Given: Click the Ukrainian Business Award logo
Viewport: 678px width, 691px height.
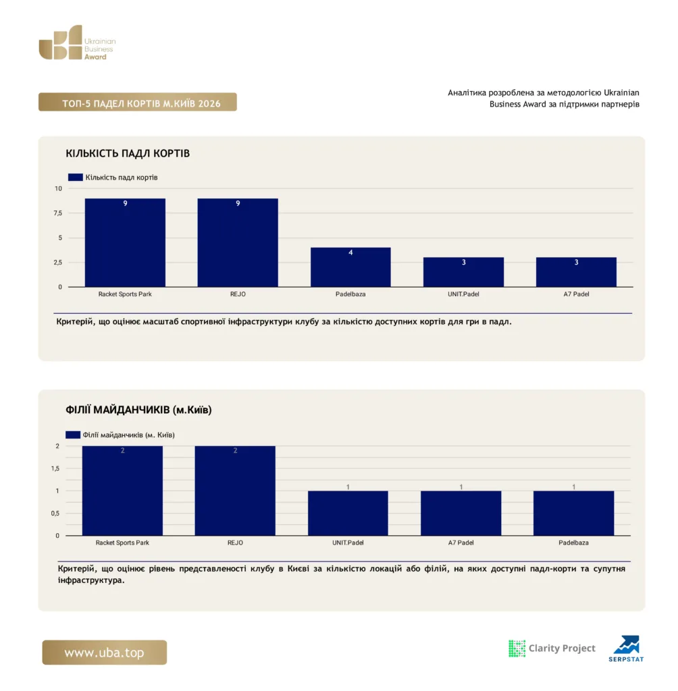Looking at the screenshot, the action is click(77, 43).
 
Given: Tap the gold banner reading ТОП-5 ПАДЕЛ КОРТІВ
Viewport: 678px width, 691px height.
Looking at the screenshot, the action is click(138, 103).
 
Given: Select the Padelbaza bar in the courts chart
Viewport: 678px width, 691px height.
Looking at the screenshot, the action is click(350, 267).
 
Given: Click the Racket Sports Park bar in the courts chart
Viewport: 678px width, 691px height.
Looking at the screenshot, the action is click(125, 243).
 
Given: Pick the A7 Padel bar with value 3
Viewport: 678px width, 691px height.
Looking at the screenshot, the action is click(576, 272).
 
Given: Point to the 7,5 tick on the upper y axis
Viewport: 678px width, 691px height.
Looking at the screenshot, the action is click(58, 213).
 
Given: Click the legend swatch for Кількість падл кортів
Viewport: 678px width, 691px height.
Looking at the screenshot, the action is click(76, 177).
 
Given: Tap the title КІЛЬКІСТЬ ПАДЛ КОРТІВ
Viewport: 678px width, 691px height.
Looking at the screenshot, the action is click(128, 153).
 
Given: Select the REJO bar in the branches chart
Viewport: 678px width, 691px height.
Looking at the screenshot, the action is click(235, 491).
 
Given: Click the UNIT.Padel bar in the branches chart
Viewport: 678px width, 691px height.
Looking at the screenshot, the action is click(348, 514).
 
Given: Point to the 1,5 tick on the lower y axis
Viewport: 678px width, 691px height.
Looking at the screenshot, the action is click(55, 468).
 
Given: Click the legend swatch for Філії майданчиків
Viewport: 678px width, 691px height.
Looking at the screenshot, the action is click(73, 435).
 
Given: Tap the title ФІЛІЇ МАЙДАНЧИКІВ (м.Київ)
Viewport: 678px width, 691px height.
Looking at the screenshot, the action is click(138, 410).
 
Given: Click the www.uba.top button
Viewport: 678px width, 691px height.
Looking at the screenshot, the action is click(105, 653).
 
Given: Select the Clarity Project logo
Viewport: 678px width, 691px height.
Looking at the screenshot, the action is click(552, 648).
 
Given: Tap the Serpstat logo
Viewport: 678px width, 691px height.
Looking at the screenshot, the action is click(627, 648).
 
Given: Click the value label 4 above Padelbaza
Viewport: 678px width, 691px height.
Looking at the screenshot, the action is click(350, 252).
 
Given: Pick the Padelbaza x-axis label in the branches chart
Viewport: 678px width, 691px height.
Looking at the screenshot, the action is click(573, 543).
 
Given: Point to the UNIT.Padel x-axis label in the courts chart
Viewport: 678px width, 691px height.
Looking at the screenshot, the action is click(463, 294).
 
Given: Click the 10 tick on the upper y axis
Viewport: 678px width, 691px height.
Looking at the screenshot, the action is click(58, 189).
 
